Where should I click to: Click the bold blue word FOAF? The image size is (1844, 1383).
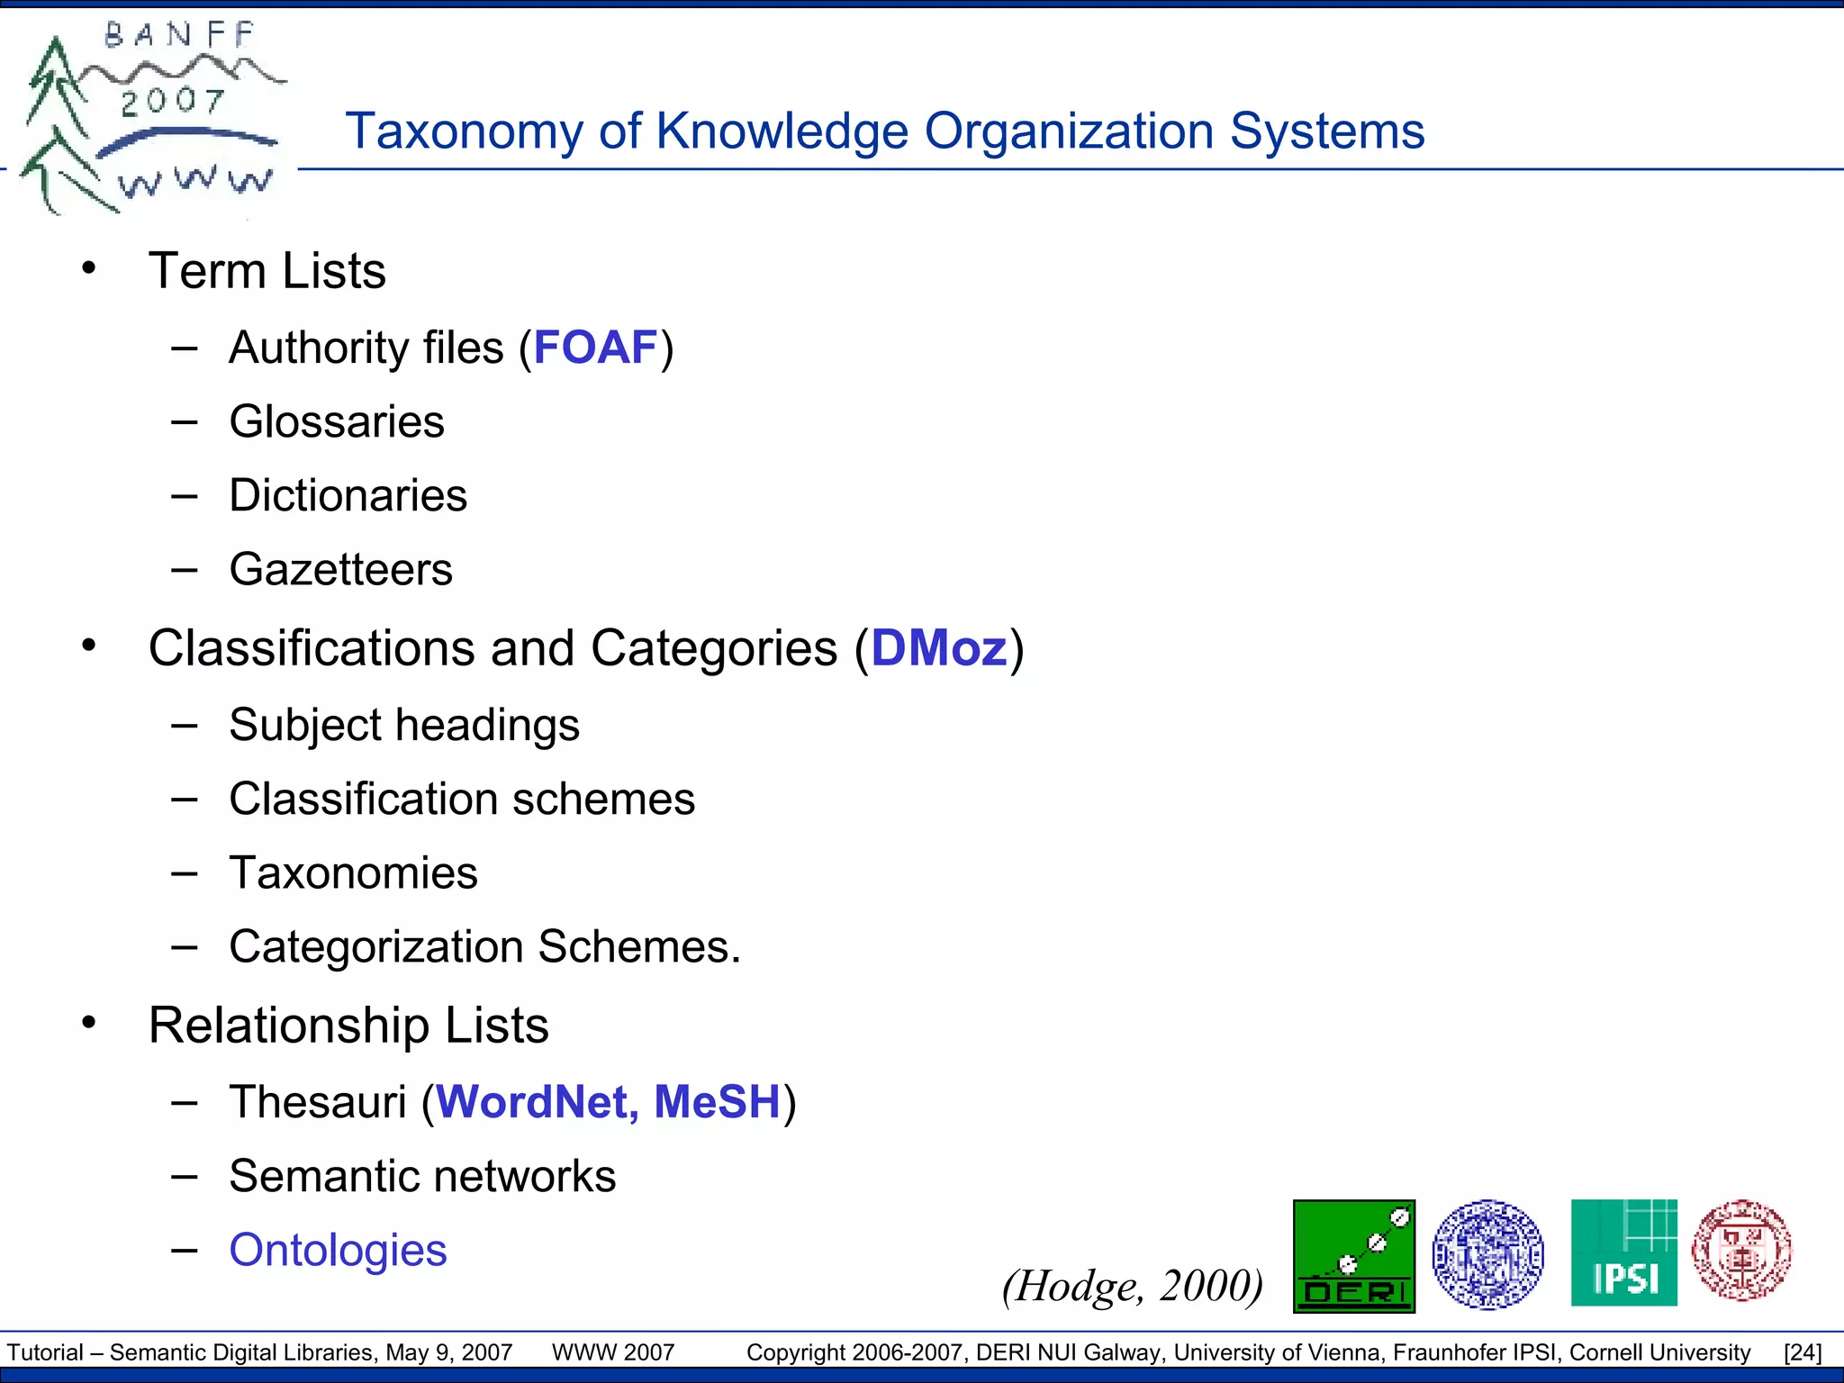[x=596, y=348]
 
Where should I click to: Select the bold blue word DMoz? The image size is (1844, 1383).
[x=938, y=648]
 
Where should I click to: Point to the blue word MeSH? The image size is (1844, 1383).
[x=717, y=1102]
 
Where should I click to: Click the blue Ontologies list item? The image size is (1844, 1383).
[x=338, y=1250]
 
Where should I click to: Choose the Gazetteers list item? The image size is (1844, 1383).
[x=340, y=569]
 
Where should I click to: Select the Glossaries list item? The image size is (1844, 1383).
[x=337, y=421]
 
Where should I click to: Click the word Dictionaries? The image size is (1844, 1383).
[x=348, y=495]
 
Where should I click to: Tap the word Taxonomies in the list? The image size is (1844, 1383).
[x=353, y=872]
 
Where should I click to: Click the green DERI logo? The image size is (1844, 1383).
[x=1353, y=1256]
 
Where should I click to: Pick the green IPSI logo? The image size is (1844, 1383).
[x=1623, y=1252]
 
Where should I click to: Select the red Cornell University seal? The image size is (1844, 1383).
[x=1741, y=1250]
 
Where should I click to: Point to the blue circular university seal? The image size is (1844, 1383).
[x=1487, y=1253]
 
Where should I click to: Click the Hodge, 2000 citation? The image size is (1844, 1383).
[x=1133, y=1286]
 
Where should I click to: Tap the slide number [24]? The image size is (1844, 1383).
[x=1803, y=1352]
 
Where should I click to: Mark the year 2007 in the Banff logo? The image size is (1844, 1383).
[x=173, y=101]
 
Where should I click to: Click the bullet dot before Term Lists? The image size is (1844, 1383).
[x=88, y=267]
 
